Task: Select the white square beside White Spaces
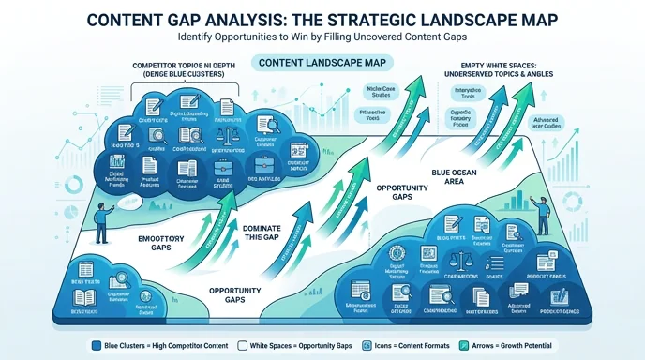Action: click(245, 346)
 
